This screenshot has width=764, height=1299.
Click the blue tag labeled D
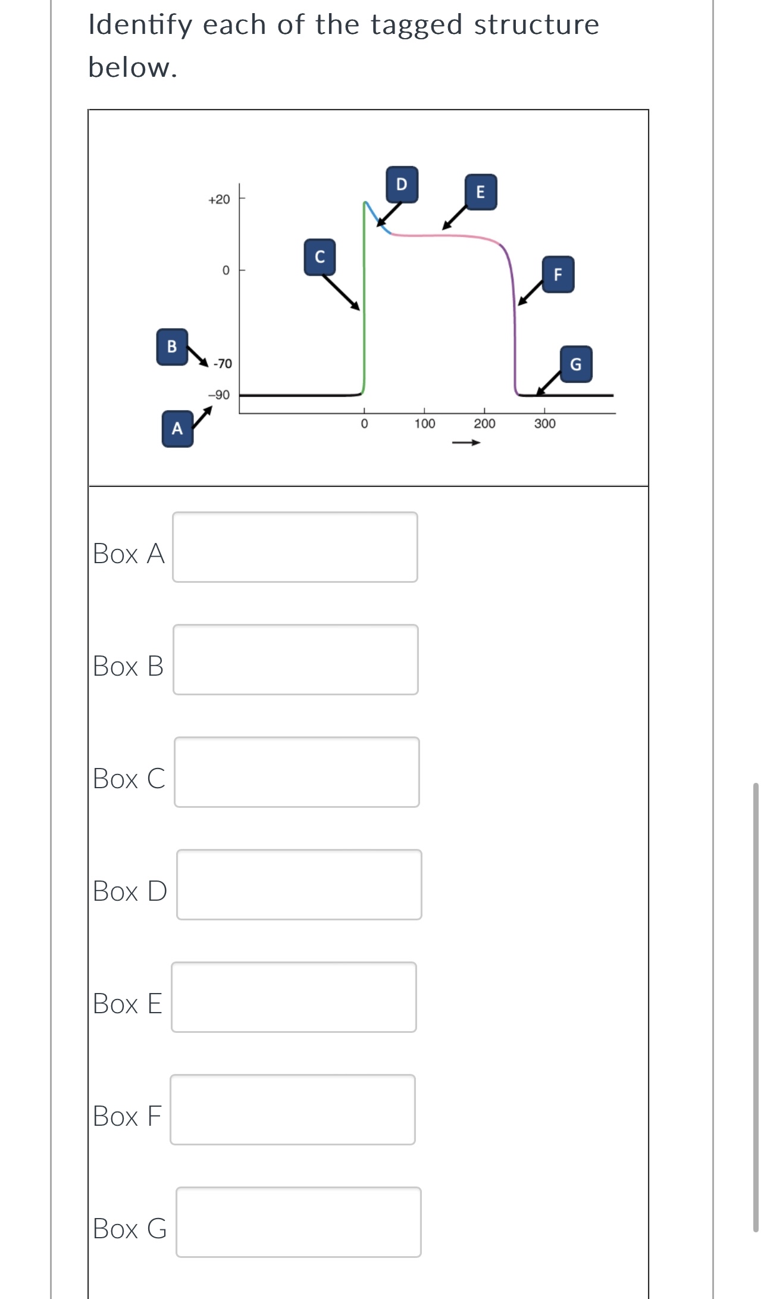[402, 185]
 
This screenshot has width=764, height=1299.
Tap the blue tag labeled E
[481, 192]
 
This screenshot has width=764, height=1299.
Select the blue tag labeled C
[320, 257]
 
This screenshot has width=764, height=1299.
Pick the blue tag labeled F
[558, 274]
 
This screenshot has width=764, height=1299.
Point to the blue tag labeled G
[576, 364]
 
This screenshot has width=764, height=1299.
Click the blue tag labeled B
[172, 346]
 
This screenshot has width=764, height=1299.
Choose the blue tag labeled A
[177, 429]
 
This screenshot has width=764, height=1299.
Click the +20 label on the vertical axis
[219, 199]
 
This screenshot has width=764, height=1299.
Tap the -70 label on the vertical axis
[223, 364]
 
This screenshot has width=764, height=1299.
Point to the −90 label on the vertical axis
[219, 395]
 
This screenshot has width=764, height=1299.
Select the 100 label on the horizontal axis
[425, 424]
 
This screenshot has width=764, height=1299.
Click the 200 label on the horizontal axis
[484, 424]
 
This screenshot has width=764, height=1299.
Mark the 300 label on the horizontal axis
[545, 424]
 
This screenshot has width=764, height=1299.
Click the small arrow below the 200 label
[466, 443]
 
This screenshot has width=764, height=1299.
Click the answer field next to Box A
[295, 547]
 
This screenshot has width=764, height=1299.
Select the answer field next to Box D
[299, 885]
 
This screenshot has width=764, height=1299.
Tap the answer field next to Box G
[299, 1222]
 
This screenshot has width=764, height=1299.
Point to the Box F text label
[127, 1116]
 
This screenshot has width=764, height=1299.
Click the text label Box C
[129, 779]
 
